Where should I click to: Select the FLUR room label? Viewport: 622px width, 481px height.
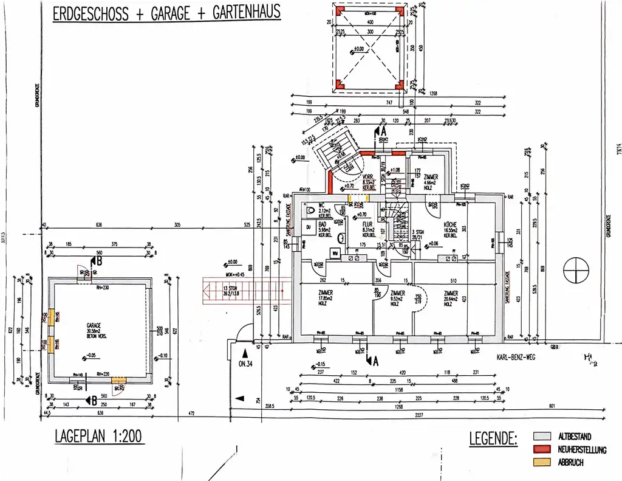click(x=368, y=224)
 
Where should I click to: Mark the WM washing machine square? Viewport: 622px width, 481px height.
click(x=334, y=252)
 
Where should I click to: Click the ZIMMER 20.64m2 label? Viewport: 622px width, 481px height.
click(x=451, y=292)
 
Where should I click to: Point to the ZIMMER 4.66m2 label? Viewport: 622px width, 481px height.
click(x=431, y=177)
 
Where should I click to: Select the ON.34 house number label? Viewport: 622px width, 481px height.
click(x=246, y=365)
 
